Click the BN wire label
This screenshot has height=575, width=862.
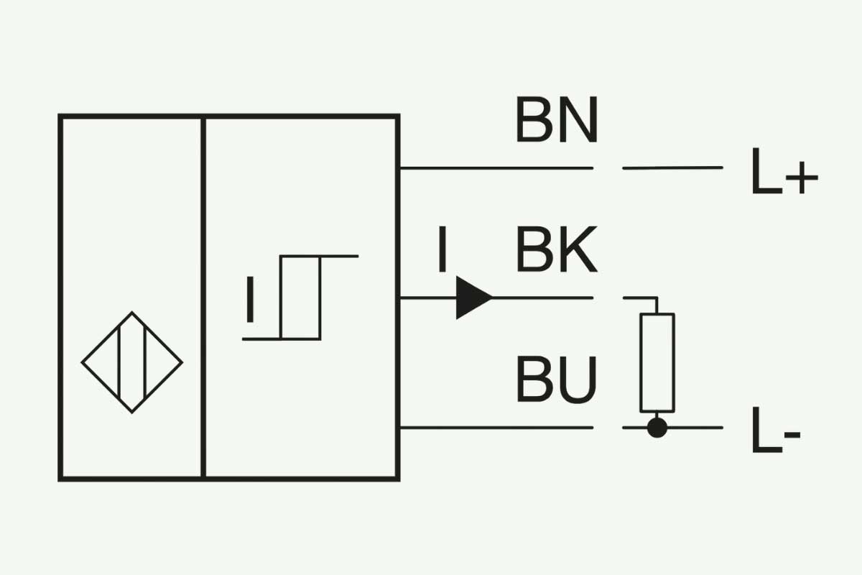click(x=557, y=119)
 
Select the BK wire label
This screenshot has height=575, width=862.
click(x=557, y=249)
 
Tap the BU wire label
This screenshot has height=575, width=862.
click(x=557, y=379)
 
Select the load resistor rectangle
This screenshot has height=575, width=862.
click(x=657, y=363)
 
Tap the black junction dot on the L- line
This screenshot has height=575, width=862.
click(x=657, y=428)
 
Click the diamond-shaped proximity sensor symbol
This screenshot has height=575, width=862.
click(x=132, y=362)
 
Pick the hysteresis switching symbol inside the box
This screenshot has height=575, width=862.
click(x=300, y=298)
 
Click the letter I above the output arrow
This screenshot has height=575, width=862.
click(x=442, y=249)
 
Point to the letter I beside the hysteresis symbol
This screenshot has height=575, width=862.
click(x=250, y=299)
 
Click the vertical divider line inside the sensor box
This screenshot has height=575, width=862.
click(x=203, y=298)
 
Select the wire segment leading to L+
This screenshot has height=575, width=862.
click(x=672, y=168)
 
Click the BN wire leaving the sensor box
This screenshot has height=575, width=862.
click(x=496, y=168)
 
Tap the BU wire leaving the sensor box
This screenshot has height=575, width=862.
click(x=496, y=428)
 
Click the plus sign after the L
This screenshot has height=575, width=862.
click(x=802, y=178)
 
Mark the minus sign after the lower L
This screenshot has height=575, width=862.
click(x=793, y=436)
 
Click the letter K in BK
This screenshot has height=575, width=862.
click(x=578, y=249)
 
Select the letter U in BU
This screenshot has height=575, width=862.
click(x=578, y=380)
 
